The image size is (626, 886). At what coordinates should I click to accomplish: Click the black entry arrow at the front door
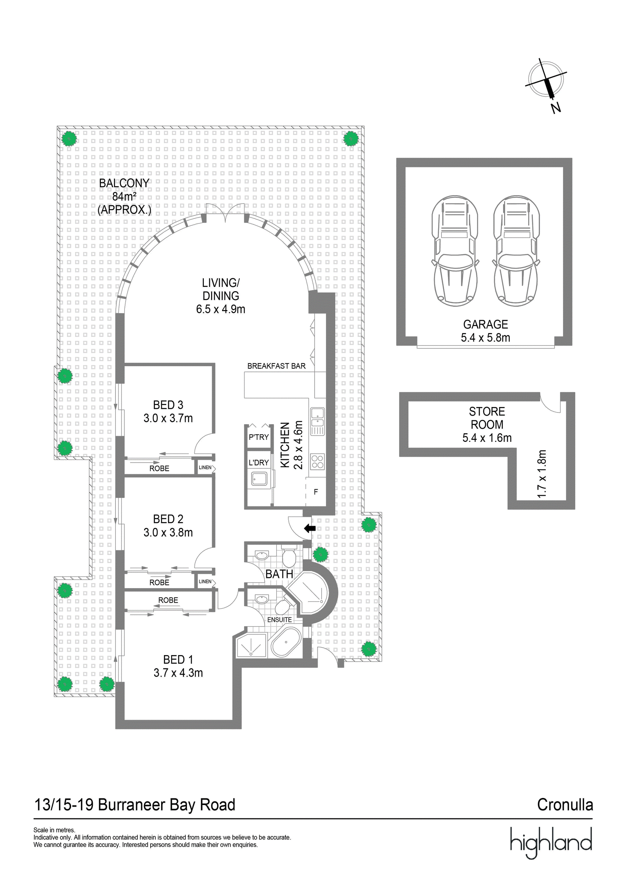tap(310, 528)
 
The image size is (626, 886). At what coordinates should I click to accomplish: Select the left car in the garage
tap(455, 251)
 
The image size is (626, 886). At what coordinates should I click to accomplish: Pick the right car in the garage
tap(516, 251)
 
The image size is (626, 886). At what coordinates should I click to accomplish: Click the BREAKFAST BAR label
tap(276, 366)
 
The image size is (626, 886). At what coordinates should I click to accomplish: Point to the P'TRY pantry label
tap(259, 437)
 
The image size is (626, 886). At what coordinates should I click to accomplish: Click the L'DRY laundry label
tap(259, 462)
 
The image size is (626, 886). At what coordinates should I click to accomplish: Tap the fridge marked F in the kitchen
tap(316, 492)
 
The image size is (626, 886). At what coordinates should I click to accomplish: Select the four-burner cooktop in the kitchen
tap(317, 462)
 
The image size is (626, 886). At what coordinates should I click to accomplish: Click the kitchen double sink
tap(317, 421)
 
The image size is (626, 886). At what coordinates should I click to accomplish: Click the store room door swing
tap(551, 403)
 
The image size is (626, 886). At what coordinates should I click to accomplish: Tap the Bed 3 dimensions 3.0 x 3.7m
tap(168, 418)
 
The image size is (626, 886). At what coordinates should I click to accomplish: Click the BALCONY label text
tap(124, 183)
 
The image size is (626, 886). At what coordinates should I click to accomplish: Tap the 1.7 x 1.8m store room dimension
tap(541, 474)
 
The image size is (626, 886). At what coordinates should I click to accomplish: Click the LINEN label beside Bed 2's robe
tap(205, 582)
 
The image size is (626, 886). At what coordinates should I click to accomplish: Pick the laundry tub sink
tap(259, 478)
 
